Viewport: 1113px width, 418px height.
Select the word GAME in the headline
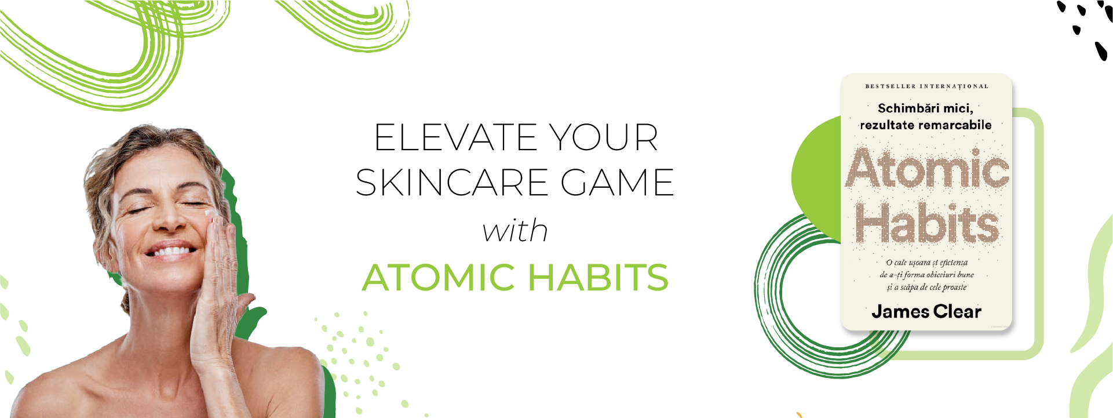617,183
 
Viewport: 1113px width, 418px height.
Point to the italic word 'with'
515,231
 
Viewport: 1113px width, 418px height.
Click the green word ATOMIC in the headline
439,278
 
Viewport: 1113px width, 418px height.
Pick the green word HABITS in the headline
598,278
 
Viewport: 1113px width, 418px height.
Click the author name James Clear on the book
926,312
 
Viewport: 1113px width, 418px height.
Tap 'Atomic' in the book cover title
927,169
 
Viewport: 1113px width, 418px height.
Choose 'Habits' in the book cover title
927,223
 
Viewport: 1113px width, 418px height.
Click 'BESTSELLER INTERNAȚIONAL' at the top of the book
926,86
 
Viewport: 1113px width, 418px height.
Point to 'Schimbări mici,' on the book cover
925,108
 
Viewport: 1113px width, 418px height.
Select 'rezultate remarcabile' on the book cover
925,125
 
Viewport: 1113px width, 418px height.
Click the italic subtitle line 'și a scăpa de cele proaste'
926,287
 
